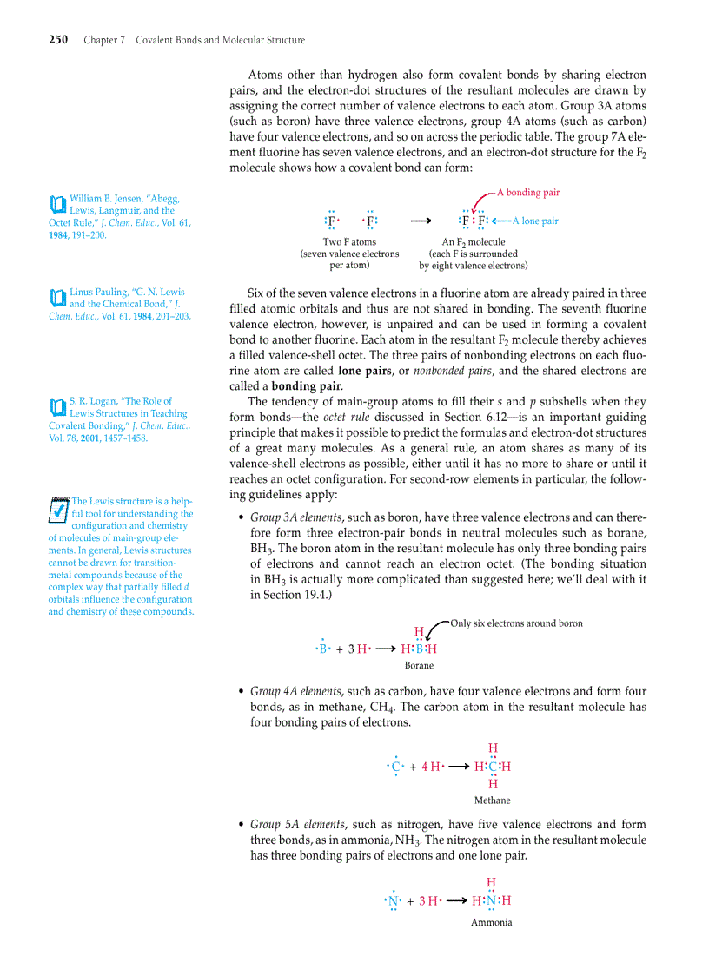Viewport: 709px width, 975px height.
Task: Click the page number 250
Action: pos(58,40)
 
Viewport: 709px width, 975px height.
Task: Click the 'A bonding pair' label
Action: pos(528,192)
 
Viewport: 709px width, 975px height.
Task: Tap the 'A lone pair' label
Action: pos(540,221)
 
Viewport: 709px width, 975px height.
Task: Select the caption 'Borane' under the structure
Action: pos(419,665)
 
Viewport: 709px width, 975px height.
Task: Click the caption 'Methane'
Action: pos(492,800)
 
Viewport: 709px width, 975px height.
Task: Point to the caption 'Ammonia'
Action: pos(491,922)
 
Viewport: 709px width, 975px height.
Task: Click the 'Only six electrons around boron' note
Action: pos(516,623)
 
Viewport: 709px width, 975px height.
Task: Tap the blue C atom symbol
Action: pos(396,767)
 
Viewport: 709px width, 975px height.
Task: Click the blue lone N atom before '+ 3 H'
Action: pos(394,901)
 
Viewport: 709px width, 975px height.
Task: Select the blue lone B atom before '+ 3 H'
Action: pos(322,649)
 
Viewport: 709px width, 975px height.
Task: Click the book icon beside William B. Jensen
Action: pos(57,205)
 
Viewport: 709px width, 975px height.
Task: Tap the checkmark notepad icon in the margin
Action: pos(58,509)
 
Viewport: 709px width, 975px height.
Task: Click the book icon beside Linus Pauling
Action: pos(57,298)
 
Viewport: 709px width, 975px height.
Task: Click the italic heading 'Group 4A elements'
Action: pos(296,691)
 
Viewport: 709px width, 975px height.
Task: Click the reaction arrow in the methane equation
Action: pos(458,767)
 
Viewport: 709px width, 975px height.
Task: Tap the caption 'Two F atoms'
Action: pos(349,242)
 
